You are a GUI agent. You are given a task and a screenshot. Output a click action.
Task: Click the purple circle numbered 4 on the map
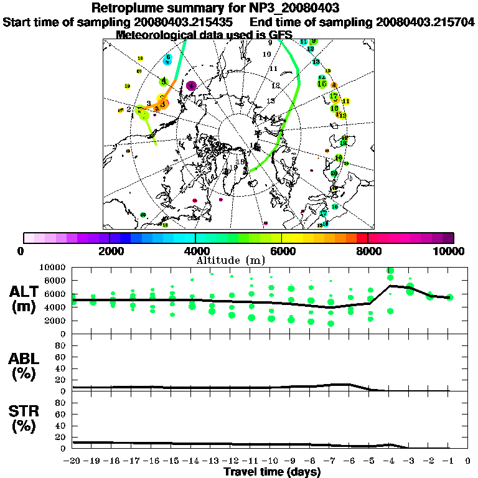192,86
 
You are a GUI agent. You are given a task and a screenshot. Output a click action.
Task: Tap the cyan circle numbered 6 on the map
167,60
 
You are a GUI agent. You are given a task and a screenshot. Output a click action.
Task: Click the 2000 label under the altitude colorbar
110,251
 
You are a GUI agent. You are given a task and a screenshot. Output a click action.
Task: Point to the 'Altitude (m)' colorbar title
231,261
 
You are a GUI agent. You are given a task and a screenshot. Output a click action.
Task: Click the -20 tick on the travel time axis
73,461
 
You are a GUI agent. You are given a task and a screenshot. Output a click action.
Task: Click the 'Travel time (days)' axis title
272,472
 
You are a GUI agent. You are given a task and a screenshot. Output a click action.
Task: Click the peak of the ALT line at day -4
390,286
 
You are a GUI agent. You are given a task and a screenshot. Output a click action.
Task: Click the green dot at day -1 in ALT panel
449,298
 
